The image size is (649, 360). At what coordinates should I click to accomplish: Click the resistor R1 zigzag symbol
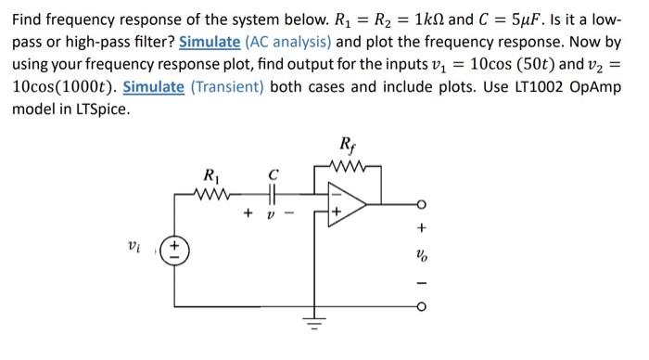212,194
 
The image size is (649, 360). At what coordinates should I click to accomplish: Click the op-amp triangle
348,205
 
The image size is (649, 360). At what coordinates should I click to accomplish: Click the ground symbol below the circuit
313,325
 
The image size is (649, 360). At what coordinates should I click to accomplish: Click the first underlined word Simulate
207,42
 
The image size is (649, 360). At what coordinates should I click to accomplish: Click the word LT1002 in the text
522,87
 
